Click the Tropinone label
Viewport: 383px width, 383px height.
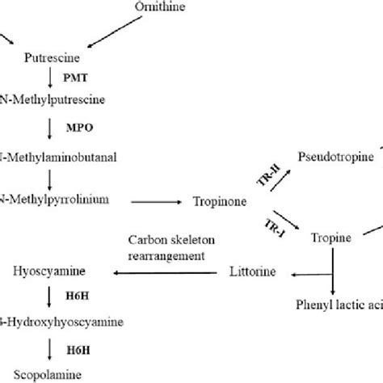(x=218, y=200)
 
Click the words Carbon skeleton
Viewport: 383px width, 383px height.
(x=166, y=240)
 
